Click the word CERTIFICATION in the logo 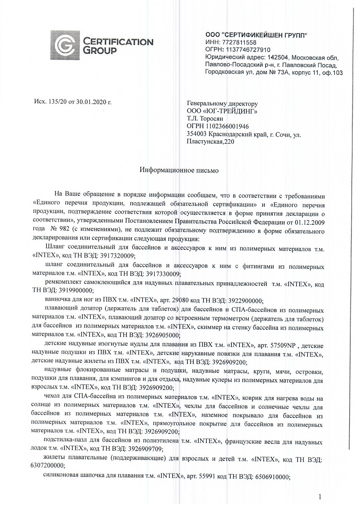[x=118, y=42]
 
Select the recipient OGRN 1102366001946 [x=227, y=126]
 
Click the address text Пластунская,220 [x=210, y=142]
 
